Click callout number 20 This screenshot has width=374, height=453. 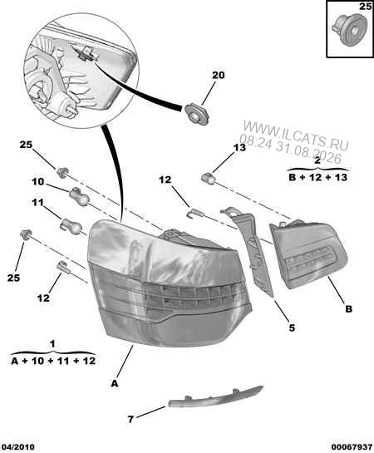point(218,76)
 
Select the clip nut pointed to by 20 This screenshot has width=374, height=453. point(196,115)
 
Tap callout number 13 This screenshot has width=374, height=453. point(239,148)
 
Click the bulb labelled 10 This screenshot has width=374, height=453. point(78,196)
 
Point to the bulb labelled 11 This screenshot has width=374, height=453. point(70,226)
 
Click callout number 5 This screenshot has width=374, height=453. point(292,327)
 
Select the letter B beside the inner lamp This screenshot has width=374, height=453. point(349,309)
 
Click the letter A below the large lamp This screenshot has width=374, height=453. point(115,383)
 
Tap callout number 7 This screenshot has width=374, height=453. point(130,419)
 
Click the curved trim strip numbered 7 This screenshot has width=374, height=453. point(215,397)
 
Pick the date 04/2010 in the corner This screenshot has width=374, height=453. point(17,447)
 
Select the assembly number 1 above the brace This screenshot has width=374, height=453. point(52,344)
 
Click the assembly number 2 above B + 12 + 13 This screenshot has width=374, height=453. point(317,160)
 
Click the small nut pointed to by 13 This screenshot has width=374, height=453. point(208,178)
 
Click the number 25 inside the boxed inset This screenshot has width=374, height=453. point(365,7)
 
